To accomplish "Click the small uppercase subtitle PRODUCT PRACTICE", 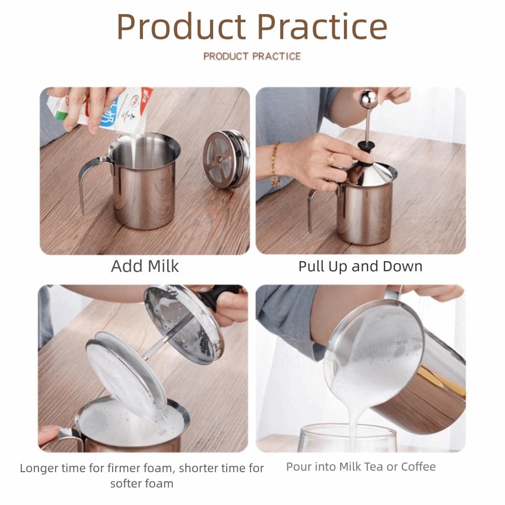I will [x=252, y=56].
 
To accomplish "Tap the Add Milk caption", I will [x=145, y=266].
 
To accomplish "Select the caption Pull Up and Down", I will [x=360, y=266].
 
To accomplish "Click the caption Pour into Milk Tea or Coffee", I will [x=361, y=467].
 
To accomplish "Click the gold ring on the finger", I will [x=331, y=159].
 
